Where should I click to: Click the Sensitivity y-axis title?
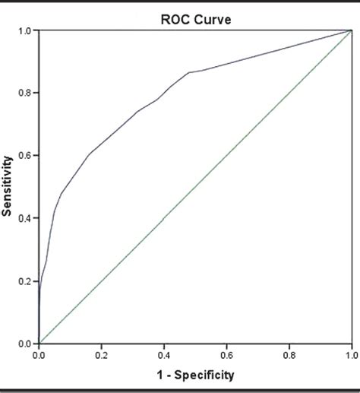tap(8, 186)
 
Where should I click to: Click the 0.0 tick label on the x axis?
tap(39, 354)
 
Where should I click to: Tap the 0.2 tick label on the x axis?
tap(102, 354)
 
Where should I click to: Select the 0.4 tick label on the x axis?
tap(164, 354)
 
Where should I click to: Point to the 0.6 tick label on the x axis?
tap(227, 354)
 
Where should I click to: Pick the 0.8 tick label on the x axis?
tap(289, 354)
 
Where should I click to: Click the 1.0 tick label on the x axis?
tap(351, 354)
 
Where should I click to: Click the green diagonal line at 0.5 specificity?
tap(195, 187)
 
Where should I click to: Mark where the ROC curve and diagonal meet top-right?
tap(352, 30)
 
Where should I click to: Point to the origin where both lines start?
tap(39, 343)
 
